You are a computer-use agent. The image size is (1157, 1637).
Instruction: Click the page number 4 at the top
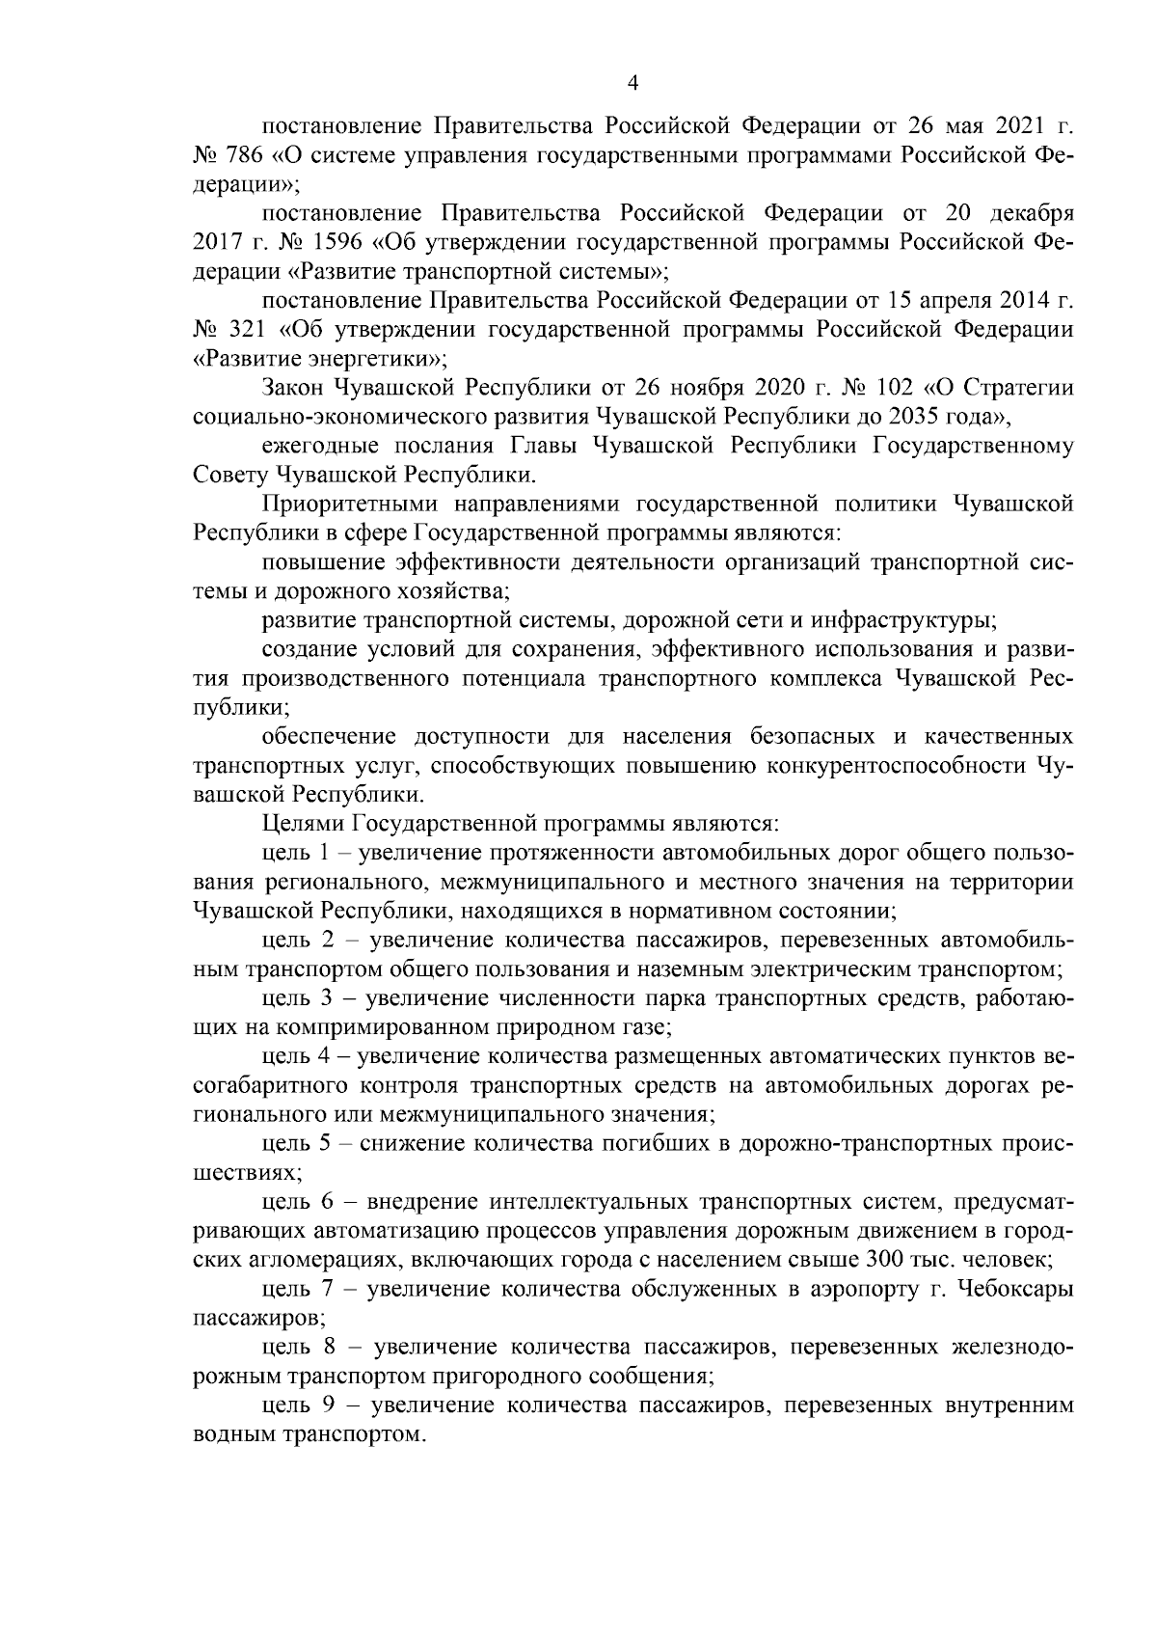click(632, 84)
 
